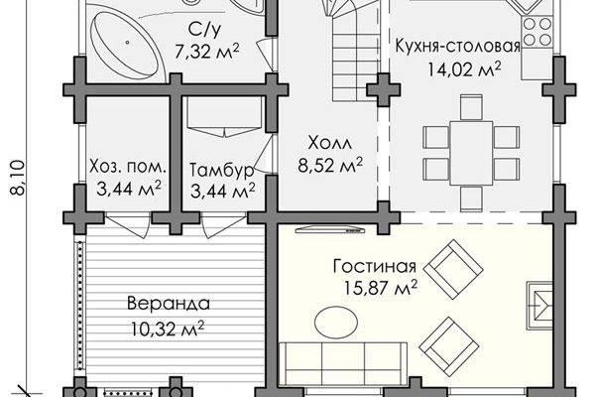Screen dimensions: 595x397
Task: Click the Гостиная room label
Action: coord(375,266)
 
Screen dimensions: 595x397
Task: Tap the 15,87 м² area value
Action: coord(380,288)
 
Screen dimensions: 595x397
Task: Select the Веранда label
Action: coord(169,304)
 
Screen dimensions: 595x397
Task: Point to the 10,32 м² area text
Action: coord(169,329)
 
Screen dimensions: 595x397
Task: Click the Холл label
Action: coord(330,143)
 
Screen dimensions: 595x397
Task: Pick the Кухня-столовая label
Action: coord(457,46)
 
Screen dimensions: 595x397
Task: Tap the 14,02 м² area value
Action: coord(464,69)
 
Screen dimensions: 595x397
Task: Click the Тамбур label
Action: coord(221,170)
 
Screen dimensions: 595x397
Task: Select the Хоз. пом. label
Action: coord(128,167)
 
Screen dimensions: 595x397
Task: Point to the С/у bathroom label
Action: coord(204,29)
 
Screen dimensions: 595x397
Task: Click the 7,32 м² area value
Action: coord(207,52)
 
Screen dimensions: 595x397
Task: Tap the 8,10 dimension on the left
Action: coord(18,178)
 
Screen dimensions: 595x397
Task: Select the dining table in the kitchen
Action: coord(471,153)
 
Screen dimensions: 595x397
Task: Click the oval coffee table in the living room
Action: coord(336,323)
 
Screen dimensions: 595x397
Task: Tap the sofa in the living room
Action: coord(343,363)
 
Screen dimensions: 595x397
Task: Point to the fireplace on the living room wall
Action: coord(539,306)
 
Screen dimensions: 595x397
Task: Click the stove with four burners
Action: coord(537,32)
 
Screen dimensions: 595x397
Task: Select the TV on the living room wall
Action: coord(330,229)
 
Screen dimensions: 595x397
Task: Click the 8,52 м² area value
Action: coord(330,165)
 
